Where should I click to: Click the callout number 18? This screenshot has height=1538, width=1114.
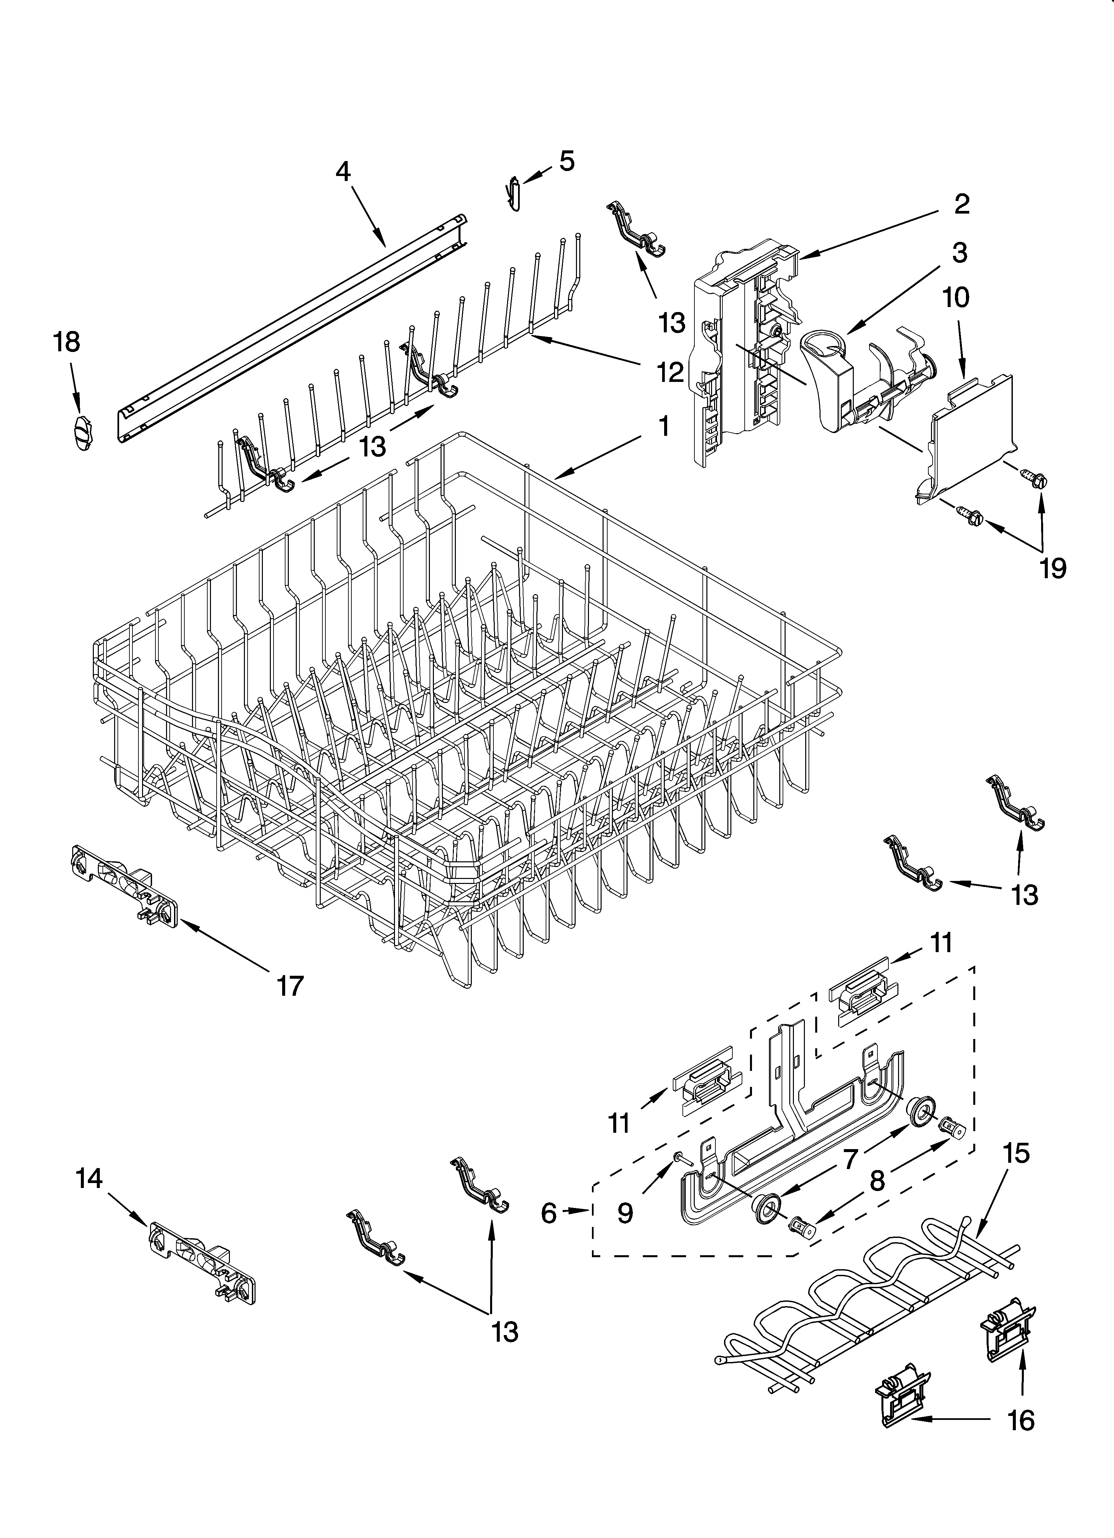67,342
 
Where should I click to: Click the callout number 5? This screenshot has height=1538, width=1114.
567,161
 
